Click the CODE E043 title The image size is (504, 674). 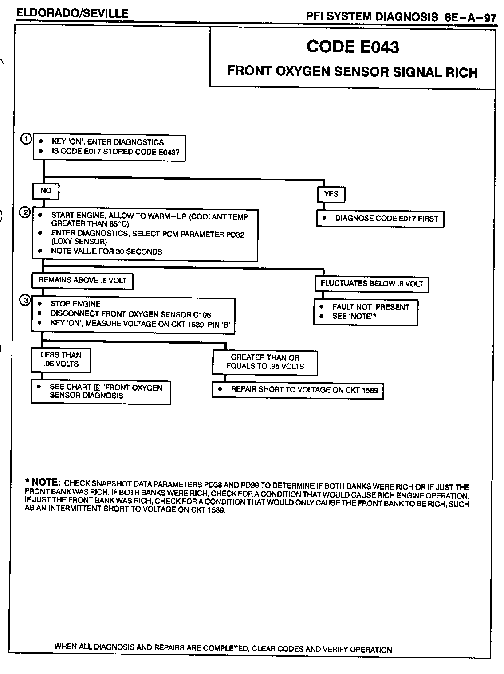coord(353,47)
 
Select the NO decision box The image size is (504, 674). coord(46,191)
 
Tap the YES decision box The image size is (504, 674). coord(331,194)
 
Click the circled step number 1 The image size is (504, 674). coord(27,139)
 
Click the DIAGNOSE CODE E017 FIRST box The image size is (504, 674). coord(380,219)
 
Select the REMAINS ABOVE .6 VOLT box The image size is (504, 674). coord(83,280)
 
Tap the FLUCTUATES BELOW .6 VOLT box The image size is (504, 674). coord(372,284)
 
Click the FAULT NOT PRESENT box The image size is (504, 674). coord(366,312)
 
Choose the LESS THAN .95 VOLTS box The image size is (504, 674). coord(61,360)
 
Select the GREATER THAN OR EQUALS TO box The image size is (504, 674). coord(265,362)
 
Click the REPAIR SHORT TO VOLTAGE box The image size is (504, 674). coord(298,390)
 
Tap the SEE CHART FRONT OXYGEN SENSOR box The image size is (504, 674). coord(101,392)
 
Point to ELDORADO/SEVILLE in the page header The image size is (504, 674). coord(72,14)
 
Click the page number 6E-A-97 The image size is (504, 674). coord(469,17)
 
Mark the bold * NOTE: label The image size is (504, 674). coord(43,482)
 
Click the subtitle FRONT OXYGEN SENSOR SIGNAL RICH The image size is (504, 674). coord(353,72)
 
